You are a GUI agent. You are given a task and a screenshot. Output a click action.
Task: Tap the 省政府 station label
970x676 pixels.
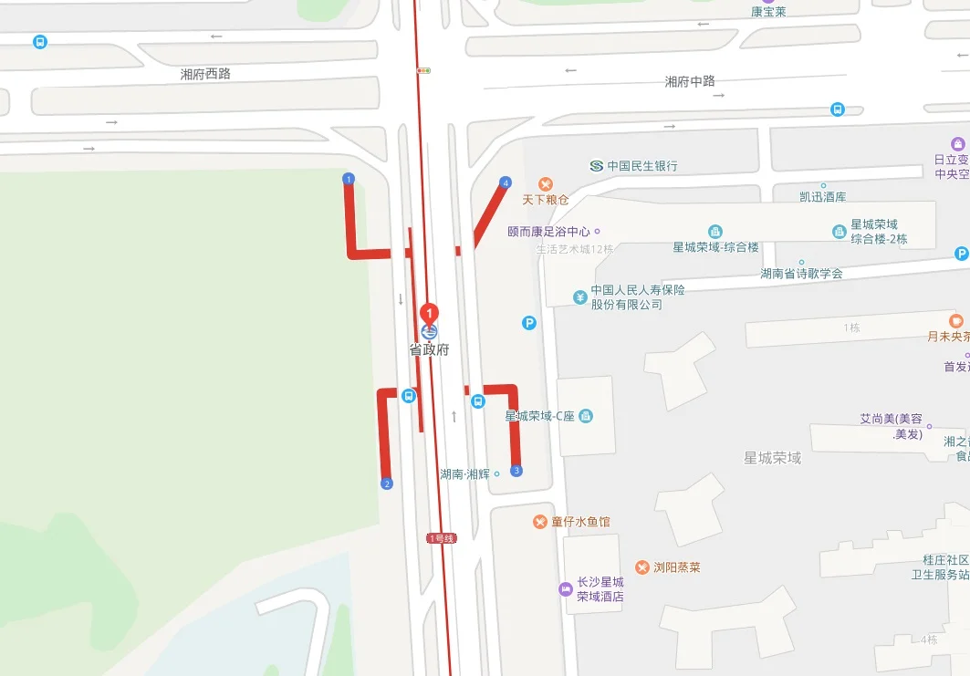click(x=429, y=349)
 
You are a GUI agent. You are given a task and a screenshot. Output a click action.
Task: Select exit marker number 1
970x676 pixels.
click(x=348, y=178)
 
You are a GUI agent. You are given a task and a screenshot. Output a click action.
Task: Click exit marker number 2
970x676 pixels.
click(x=386, y=484)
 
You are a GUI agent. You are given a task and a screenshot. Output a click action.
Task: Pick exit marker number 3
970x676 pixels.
click(x=516, y=471)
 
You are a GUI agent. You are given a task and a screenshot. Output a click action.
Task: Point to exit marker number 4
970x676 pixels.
click(x=506, y=182)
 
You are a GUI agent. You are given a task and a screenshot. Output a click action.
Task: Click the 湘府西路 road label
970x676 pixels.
click(x=205, y=74)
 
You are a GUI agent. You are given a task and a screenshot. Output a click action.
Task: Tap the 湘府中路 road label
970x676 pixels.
click(x=690, y=81)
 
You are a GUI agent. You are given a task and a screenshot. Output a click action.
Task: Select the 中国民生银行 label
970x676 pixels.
click(x=642, y=166)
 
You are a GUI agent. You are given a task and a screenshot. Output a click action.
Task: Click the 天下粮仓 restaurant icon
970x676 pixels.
click(x=546, y=184)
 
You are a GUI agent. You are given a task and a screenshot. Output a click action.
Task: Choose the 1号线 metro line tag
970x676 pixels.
click(x=441, y=538)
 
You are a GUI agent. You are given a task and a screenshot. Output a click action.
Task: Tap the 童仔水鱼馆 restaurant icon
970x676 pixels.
click(x=540, y=521)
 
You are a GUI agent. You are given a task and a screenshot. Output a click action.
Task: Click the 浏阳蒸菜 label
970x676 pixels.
click(x=676, y=567)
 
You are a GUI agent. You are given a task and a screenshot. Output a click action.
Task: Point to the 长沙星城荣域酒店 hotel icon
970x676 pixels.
click(x=566, y=589)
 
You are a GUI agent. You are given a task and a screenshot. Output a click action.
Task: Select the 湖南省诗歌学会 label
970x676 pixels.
click(x=802, y=273)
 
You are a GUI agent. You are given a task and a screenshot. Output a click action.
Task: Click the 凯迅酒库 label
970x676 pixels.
click(x=810, y=196)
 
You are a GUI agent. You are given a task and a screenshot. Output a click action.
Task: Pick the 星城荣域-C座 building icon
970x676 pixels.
click(x=586, y=416)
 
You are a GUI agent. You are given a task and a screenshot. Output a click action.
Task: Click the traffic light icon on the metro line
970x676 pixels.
click(x=423, y=70)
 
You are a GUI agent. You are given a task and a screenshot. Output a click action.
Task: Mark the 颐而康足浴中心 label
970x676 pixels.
click(x=548, y=232)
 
